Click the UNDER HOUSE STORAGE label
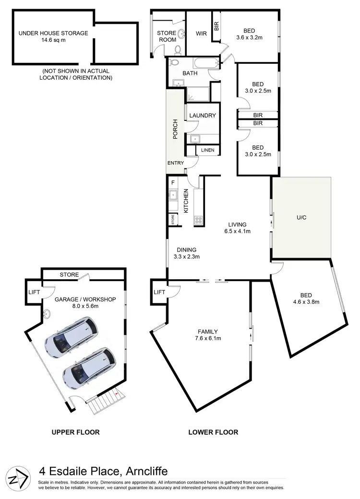53,33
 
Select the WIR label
201,34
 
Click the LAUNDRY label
202,116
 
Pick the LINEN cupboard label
207,151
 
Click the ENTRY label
175,163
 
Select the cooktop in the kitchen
199,221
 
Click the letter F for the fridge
172,183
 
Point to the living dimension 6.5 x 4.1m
237,231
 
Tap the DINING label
186,249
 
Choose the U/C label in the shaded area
301,217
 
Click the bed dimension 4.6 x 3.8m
306,302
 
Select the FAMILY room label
208,332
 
